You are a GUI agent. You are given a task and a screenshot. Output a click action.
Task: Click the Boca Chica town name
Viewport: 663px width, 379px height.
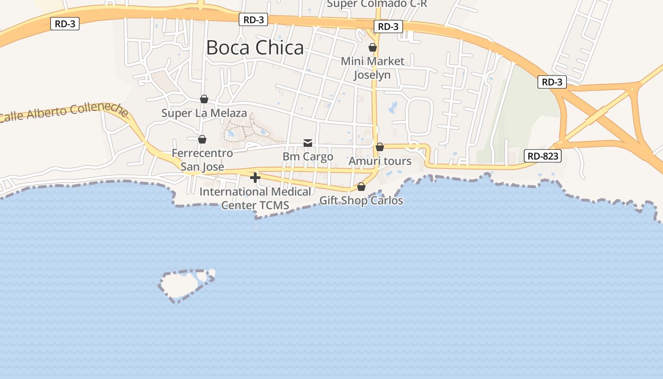(255, 48)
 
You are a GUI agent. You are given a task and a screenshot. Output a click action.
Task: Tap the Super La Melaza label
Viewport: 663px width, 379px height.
(204, 113)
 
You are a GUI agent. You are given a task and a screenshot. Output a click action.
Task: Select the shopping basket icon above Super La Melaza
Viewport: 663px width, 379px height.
(204, 99)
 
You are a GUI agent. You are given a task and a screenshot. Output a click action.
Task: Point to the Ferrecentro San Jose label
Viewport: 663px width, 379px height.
(202, 160)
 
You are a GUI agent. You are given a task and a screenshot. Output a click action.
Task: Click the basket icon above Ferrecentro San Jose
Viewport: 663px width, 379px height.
(202, 139)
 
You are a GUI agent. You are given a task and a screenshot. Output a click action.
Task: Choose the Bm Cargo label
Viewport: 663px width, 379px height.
(308, 156)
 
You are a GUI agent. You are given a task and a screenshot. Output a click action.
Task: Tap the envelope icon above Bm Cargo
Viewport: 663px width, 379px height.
(308, 143)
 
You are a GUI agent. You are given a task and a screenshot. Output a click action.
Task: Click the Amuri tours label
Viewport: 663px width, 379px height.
(380, 161)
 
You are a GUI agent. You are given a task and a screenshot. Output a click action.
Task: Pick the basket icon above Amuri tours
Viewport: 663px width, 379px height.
(380, 147)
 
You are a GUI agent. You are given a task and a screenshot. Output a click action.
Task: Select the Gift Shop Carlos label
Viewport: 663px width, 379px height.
(361, 200)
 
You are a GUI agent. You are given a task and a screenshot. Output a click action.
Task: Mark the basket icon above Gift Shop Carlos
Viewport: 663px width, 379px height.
(361, 187)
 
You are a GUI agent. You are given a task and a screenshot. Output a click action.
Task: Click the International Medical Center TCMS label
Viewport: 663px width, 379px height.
(255, 199)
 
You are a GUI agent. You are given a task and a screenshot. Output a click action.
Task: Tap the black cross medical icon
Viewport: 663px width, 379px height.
(255, 178)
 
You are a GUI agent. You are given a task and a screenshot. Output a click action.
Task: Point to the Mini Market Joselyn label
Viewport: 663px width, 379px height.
(373, 68)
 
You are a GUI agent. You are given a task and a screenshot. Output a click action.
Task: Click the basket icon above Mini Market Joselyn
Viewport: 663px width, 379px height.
(373, 47)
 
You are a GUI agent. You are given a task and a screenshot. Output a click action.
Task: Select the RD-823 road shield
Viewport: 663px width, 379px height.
(543, 156)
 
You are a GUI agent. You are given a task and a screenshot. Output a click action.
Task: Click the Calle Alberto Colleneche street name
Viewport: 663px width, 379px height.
(64, 113)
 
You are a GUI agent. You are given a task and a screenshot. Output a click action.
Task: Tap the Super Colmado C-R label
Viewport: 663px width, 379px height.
(377, 4)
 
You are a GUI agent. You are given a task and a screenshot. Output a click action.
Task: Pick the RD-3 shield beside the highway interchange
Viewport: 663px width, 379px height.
(552, 82)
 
